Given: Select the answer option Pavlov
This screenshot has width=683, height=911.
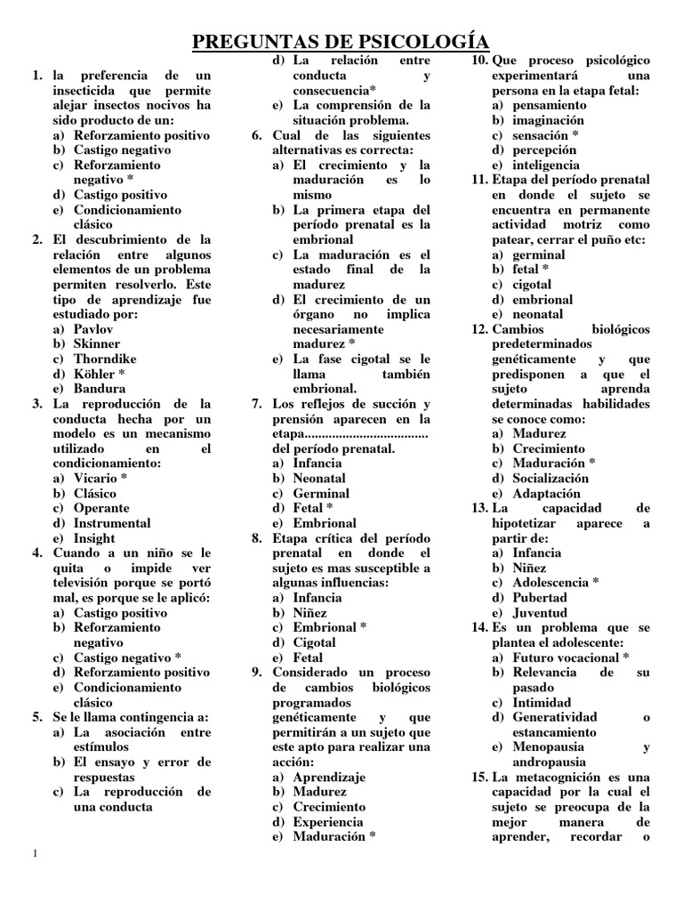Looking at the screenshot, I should tap(93, 329).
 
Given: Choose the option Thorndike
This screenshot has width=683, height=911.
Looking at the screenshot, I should tap(105, 359).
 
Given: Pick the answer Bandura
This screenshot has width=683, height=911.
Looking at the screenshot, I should tap(99, 389).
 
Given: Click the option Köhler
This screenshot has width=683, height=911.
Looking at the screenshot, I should tap(94, 375).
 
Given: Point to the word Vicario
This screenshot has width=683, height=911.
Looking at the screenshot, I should tap(95, 479).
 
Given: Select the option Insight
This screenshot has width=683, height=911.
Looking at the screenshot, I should tap(94, 538).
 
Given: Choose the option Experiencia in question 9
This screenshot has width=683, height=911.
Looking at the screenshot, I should tap(328, 822).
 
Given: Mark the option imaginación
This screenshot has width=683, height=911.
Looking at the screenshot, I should tap(549, 120).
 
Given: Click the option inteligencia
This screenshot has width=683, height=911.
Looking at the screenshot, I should tap(546, 165).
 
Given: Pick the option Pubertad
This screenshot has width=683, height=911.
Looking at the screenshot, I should tap(540, 598).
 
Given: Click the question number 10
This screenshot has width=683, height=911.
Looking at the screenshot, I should tap(478, 60).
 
